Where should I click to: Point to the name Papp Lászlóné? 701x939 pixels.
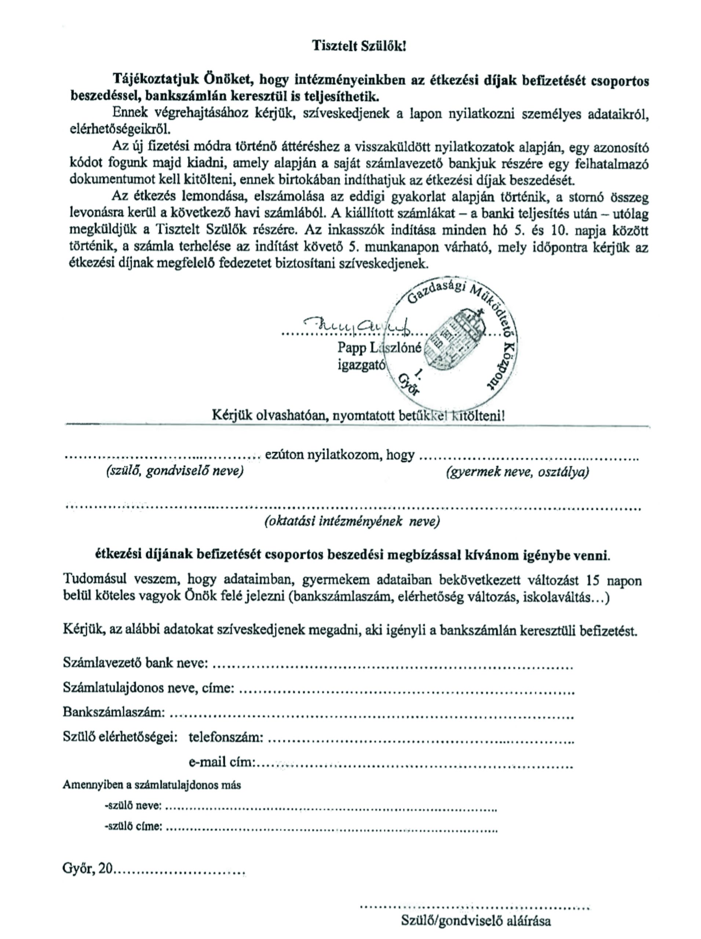(379, 348)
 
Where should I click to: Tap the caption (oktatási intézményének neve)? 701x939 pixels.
(352, 521)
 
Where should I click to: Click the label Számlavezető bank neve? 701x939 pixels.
(135, 663)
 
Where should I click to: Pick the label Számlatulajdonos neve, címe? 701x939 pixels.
(149, 687)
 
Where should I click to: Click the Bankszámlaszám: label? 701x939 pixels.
(114, 712)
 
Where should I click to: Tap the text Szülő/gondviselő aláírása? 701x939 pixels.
(476, 918)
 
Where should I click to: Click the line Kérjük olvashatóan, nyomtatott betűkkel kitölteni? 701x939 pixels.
(358, 414)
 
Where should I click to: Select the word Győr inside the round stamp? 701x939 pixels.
(408, 385)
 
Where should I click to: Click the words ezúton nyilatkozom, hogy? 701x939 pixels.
(339, 455)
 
